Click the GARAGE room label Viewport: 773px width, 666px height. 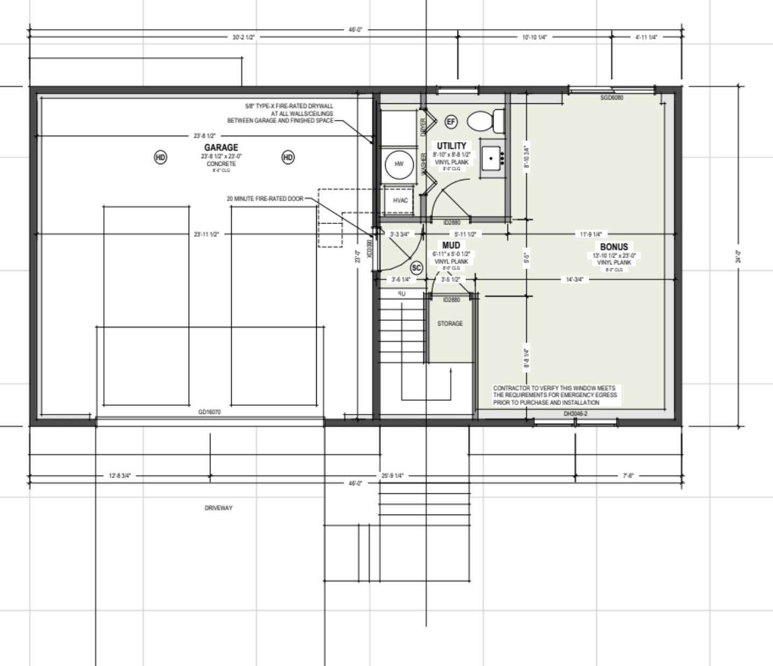click(221, 148)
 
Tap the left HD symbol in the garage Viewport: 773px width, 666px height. click(161, 157)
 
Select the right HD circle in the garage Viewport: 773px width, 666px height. click(288, 157)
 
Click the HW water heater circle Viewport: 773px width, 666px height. click(399, 164)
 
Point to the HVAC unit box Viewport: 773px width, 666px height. click(400, 200)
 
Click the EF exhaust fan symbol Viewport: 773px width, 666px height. click(451, 122)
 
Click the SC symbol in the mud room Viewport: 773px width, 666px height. click(416, 268)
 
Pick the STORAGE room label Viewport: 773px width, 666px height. click(450, 324)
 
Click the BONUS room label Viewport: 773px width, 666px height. click(614, 247)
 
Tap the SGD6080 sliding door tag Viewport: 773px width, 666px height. click(611, 98)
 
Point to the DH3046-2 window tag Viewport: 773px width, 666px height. click(575, 413)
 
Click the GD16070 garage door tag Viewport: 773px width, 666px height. click(210, 412)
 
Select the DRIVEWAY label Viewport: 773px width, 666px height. click(219, 508)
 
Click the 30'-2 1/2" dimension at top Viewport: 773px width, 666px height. click(243, 38)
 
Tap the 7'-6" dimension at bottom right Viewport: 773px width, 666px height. click(628, 476)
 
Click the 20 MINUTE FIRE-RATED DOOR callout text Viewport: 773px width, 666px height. click(265, 199)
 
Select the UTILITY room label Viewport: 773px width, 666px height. click(451, 146)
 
